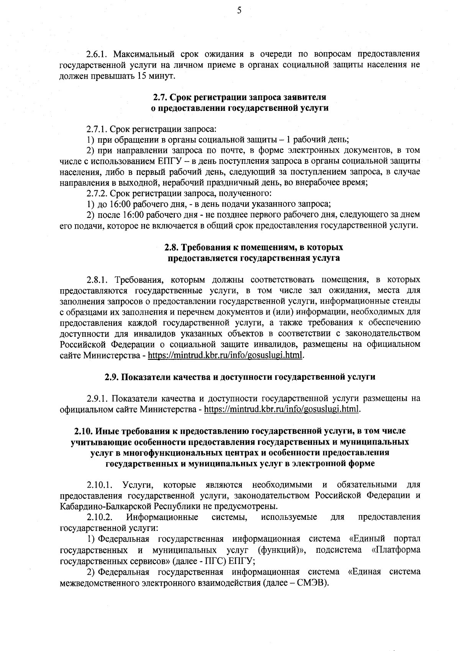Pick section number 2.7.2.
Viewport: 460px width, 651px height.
coord(97,193)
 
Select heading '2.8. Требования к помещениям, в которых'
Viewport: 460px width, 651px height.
coord(254,247)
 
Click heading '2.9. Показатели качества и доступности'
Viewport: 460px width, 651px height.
coord(240,377)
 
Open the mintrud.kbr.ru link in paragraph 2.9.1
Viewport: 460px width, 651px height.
coord(282,409)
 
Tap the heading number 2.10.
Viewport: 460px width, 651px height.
coord(83,431)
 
